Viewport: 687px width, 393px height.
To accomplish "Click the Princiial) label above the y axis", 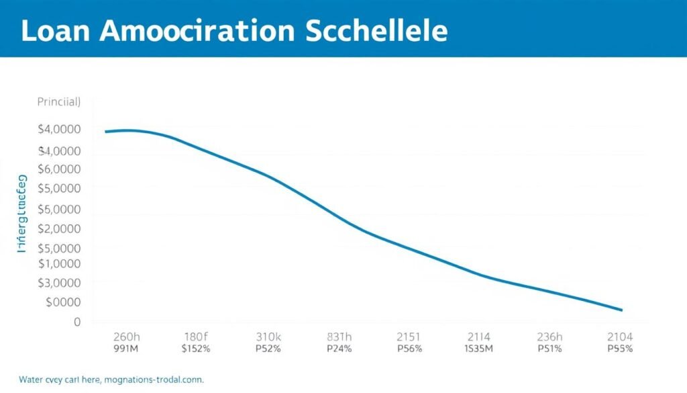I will pos(59,103).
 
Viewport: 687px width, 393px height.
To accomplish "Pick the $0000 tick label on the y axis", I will pos(63,303).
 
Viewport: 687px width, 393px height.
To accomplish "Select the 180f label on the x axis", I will pos(197,336).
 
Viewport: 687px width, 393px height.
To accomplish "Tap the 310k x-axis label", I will pos(270,336).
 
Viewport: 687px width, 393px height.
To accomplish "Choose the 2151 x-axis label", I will pos(409,336).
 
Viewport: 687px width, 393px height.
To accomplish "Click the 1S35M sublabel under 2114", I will pos(478,349).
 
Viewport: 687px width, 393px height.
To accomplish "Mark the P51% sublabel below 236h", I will pos(550,349).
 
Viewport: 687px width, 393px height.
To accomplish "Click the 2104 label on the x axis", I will pos(619,336).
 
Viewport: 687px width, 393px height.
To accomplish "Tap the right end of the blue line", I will pos(621,310).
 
